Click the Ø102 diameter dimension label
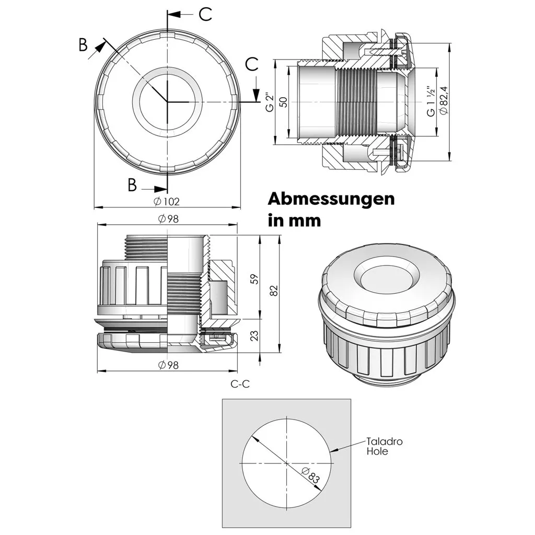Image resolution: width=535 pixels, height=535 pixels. [167, 202]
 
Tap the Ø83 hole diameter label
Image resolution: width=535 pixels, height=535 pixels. [311, 475]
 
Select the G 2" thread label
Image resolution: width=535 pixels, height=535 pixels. [270, 102]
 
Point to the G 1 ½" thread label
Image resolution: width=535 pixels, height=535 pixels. [431, 101]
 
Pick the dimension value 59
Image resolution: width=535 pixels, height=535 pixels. [254, 279]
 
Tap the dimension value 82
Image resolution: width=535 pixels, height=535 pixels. [274, 290]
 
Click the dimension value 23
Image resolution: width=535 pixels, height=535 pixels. [254, 336]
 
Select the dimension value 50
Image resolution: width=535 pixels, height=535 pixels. [283, 102]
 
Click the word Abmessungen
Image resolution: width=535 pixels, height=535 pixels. [331, 199]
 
